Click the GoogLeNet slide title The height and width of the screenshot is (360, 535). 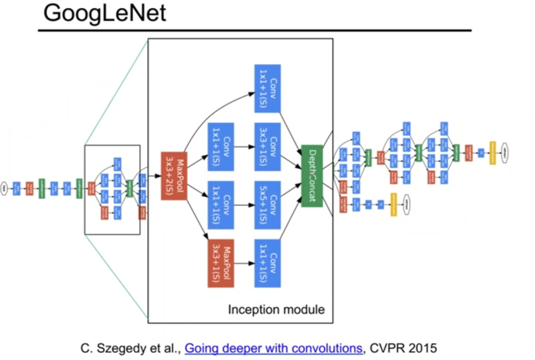pyautogui.click(x=105, y=14)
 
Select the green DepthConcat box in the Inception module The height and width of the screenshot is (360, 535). pyautogui.click(x=312, y=176)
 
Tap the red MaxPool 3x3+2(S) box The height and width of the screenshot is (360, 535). pyautogui.click(x=173, y=176)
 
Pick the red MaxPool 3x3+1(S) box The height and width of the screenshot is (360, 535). pyautogui.click(x=221, y=263)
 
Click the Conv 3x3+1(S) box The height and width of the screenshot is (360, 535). pyautogui.click(x=267, y=146)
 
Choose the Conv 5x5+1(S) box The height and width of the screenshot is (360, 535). pyautogui.click(x=267, y=205)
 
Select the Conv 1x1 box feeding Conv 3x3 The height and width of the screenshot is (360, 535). pyautogui.click(x=221, y=146)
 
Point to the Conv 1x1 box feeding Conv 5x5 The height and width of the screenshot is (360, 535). pyautogui.click(x=221, y=205)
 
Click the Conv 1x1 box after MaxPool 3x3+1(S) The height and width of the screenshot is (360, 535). pyautogui.click(x=267, y=263)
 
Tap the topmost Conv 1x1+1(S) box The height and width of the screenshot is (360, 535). pyautogui.click(x=267, y=88)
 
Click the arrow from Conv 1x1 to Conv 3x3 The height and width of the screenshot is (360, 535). pyautogui.click(x=244, y=147)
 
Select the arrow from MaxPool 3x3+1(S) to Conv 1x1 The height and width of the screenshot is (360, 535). pyautogui.click(x=244, y=263)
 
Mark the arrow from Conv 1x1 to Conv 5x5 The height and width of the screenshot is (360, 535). pyautogui.click(x=244, y=205)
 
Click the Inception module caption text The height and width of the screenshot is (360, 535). pyautogui.click(x=276, y=310)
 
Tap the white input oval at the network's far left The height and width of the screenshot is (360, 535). pyautogui.click(x=4, y=189)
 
